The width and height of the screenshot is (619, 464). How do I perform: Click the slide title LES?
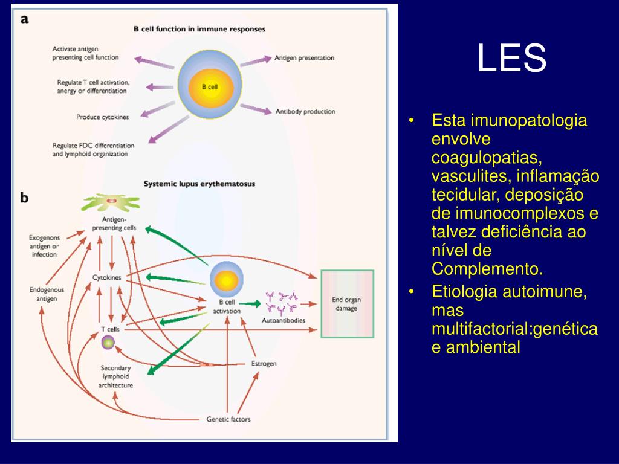tap(511, 59)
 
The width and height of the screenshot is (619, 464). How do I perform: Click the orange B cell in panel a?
tap(209, 87)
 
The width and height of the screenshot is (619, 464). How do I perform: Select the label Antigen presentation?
tap(304, 58)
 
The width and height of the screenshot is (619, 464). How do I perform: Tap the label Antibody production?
tap(305, 112)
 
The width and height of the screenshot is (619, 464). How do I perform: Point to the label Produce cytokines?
tap(102, 117)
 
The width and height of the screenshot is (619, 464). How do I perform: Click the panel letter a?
tap(25, 19)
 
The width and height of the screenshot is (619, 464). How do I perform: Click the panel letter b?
tap(25, 197)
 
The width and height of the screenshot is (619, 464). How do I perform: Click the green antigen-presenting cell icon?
tap(111, 201)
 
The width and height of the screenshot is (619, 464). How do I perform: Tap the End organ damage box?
tap(347, 303)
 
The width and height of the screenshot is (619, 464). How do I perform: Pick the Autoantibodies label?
tap(283, 320)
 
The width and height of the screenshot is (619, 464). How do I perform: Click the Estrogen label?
tap(264, 364)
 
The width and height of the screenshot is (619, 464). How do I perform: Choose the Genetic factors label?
tap(228, 419)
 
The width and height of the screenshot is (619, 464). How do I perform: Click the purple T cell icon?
tap(108, 343)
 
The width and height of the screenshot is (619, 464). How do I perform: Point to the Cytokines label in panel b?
tap(106, 277)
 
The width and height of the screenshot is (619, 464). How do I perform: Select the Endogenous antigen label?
tap(46, 294)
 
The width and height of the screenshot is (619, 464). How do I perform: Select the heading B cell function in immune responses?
tap(199, 28)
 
